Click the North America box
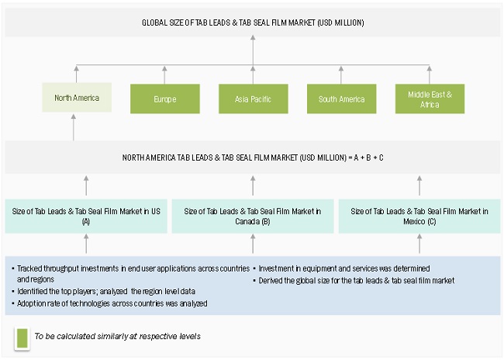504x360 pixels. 76,99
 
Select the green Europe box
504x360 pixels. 164,99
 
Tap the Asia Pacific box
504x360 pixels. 252,99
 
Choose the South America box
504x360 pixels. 341,99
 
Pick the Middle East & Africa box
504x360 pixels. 430,99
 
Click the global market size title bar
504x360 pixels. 252,23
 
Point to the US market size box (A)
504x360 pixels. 86,216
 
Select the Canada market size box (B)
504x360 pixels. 253,216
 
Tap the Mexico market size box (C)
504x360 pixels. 419,216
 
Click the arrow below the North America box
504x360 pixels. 74,127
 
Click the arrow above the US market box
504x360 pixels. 86,185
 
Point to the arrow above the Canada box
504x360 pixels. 253,185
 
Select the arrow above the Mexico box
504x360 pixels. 419,185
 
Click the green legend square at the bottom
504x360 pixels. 21,336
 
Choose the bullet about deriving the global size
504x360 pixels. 356,279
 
